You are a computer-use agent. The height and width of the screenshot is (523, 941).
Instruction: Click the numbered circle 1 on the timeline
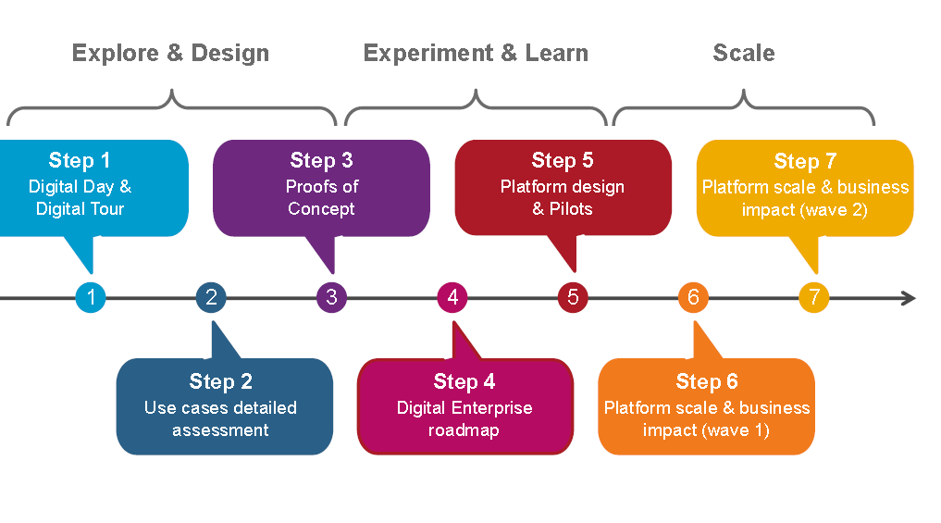click(91, 297)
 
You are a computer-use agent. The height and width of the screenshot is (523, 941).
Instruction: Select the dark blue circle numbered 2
click(211, 297)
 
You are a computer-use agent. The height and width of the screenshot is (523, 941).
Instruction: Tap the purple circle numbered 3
click(331, 297)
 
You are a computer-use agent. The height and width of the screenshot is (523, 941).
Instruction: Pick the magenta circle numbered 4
click(452, 297)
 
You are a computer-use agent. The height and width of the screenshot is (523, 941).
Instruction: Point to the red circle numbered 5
click(573, 297)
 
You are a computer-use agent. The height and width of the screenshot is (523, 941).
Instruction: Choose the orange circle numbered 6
click(693, 297)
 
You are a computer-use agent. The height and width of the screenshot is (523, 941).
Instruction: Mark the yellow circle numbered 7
click(814, 297)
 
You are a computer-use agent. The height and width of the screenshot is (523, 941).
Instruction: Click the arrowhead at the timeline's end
click(909, 298)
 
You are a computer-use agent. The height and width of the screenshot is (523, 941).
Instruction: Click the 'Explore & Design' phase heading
click(170, 53)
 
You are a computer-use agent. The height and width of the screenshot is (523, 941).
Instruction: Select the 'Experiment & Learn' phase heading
click(476, 53)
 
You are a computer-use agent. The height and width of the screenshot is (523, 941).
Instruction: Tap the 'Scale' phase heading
click(744, 53)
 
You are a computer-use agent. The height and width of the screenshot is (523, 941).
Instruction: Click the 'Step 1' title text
click(80, 160)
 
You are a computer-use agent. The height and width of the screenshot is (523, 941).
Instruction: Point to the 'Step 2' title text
click(221, 381)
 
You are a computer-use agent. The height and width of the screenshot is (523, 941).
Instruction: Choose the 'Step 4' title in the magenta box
click(464, 381)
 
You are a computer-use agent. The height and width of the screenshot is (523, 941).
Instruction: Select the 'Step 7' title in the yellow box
click(805, 161)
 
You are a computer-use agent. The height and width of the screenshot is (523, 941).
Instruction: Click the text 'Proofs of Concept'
click(321, 197)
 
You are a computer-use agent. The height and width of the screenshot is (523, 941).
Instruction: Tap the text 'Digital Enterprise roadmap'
click(464, 418)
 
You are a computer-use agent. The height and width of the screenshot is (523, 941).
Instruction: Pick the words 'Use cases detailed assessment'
click(220, 418)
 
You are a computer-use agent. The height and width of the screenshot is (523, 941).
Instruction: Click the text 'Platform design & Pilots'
click(563, 197)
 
